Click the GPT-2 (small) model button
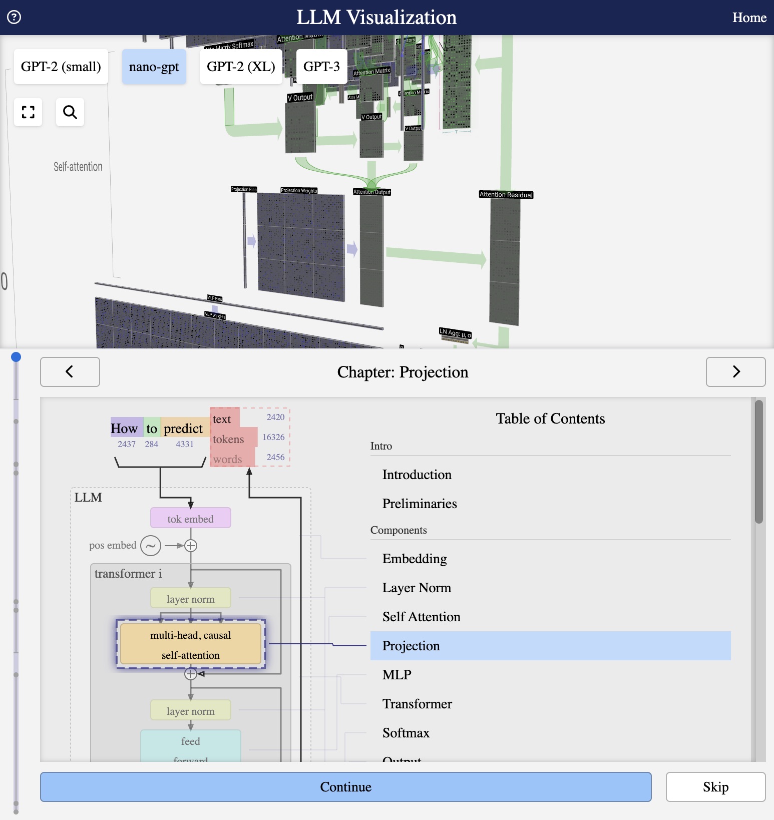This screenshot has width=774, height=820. click(61, 67)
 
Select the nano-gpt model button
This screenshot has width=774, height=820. click(154, 67)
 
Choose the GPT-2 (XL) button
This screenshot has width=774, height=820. click(241, 67)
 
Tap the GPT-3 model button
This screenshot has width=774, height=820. click(321, 67)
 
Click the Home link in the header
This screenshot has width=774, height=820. click(749, 18)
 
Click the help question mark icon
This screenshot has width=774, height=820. click(14, 18)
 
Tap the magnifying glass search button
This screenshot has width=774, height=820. click(70, 112)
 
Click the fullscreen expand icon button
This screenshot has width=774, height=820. click(28, 112)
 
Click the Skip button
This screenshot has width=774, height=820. click(715, 787)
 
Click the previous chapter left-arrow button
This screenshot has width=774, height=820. click(70, 372)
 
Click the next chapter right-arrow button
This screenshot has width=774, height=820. click(735, 372)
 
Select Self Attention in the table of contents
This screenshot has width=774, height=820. click(421, 617)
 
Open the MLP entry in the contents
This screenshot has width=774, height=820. click(397, 675)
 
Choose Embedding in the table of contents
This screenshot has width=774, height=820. click(414, 559)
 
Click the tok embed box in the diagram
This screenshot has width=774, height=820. click(190, 519)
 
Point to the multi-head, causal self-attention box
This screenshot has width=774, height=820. click(190, 645)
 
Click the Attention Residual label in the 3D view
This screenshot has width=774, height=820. click(506, 195)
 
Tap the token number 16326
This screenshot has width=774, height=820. click(273, 437)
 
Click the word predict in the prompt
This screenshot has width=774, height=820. click(183, 429)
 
